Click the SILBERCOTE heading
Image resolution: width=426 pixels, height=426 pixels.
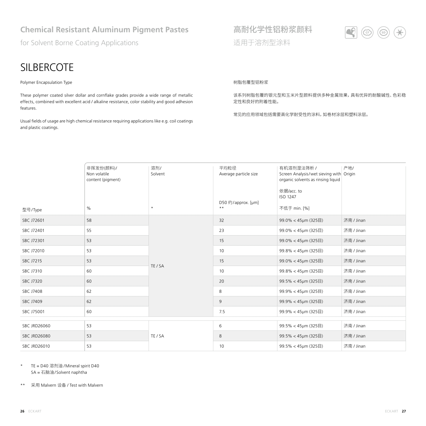pos(47,67)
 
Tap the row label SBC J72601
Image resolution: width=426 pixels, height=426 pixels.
pos(33,220)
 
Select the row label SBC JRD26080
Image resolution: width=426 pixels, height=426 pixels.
pos(36,336)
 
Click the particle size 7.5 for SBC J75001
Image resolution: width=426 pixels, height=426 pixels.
pos(222,311)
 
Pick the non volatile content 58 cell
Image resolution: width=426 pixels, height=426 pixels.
pos(89,220)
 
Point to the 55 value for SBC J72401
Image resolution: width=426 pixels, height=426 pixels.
pos(89,230)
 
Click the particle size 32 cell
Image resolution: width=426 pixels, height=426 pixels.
pos(222,220)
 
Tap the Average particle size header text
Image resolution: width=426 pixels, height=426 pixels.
pos(238,174)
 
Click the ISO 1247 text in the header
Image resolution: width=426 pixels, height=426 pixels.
pos(287,197)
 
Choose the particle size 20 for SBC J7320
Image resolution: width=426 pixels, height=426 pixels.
pos(222,281)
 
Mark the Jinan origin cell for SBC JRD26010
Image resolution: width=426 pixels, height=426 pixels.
pos(354,346)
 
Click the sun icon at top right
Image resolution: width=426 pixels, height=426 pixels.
pos(400,33)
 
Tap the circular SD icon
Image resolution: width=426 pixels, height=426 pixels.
pos(383,33)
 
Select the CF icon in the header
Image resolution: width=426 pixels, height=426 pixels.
pos(367,33)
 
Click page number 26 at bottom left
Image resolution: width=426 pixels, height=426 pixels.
pos(22,411)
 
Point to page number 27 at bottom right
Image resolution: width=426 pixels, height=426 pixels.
pos(404,411)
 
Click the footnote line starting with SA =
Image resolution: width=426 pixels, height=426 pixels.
pos(59,372)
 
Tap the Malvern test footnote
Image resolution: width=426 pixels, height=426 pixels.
pos(67,385)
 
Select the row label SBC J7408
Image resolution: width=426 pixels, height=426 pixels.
pos(32,291)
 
